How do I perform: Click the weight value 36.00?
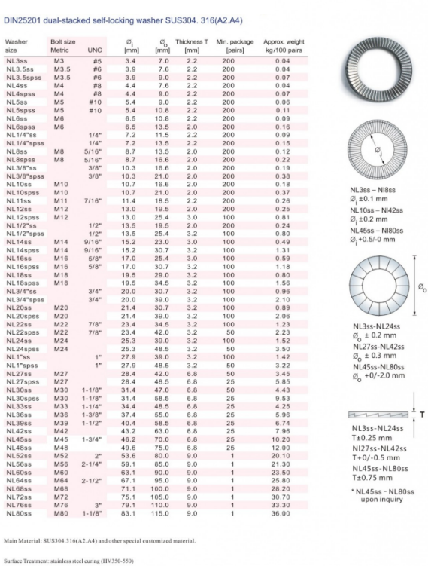281,513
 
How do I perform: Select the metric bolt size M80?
61,513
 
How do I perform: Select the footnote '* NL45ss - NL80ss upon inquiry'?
381,495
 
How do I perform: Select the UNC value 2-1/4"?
92,465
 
